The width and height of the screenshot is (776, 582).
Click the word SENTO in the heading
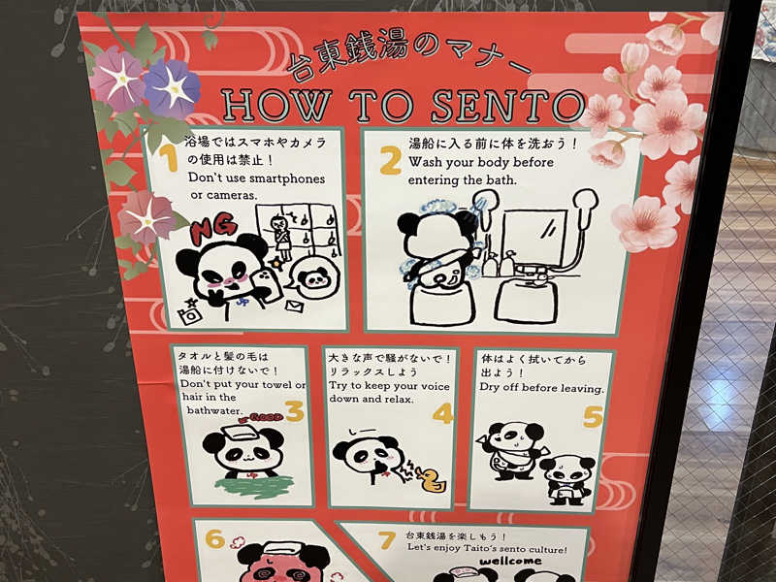pos(507,106)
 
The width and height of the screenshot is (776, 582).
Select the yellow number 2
pos(391,161)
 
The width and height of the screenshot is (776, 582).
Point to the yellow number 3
pos(295,410)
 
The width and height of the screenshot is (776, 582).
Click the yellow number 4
pos(443,414)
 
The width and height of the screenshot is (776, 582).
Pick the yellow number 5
pos(593,417)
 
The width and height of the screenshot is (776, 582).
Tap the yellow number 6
pos(215,538)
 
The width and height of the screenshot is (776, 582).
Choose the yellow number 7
pos(387,540)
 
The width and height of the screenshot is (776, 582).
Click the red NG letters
pos(213,228)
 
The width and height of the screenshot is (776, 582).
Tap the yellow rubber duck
pos(431,479)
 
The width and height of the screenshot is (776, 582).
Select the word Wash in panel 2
pos(426,162)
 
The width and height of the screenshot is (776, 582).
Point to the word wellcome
pos(510,562)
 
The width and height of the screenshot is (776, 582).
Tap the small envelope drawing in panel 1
pos(295,307)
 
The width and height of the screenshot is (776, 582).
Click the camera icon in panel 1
pos(190,315)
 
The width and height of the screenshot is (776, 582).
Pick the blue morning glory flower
pos(172,88)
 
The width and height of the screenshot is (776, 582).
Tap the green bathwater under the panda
pos(254,486)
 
